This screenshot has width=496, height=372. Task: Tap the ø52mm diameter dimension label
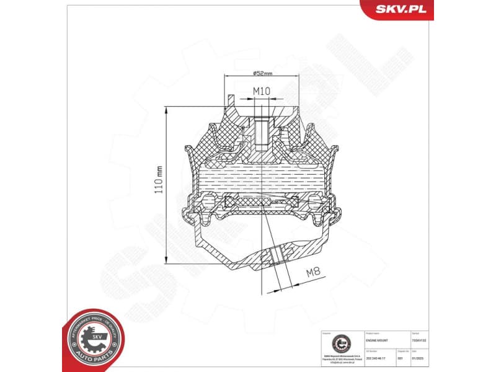click(x=263, y=73)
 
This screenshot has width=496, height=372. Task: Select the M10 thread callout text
click(x=261, y=91)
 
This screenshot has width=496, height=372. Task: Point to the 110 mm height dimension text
click(x=159, y=179)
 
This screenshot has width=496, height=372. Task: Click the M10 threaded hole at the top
click(x=261, y=129)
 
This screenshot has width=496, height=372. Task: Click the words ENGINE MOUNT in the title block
click(x=379, y=340)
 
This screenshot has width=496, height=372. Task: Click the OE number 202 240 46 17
click(x=380, y=358)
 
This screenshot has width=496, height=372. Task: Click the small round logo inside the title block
click(x=339, y=342)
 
